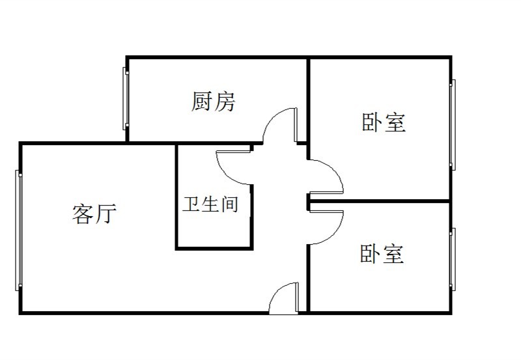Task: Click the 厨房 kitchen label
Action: tap(214, 102)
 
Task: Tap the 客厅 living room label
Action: tap(94, 214)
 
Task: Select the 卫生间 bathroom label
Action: tap(210, 204)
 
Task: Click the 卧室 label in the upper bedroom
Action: tap(384, 122)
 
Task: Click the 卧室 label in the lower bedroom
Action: tap(382, 254)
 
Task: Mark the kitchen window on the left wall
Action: tap(126, 98)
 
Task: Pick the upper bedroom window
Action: tap(453, 124)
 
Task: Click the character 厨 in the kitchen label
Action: tap(202, 102)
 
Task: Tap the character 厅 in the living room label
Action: tap(106, 214)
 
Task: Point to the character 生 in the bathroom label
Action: tap(210, 204)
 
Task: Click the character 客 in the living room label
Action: tap(83, 214)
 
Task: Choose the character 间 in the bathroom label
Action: tap(229, 204)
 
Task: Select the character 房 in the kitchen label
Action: tap(225, 102)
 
